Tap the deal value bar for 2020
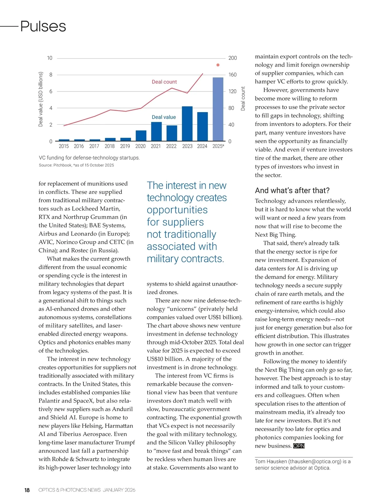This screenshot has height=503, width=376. click(x=141, y=136)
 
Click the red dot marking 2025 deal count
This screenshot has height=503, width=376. click(x=218, y=65)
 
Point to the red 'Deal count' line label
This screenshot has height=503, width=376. click(x=164, y=82)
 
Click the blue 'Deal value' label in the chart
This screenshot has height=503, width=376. click(x=164, y=117)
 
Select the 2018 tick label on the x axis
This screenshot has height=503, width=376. click(x=109, y=146)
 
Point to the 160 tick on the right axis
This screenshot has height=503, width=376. click(x=232, y=75)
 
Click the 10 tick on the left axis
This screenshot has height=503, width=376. click(x=50, y=58)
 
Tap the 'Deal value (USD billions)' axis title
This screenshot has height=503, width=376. click(x=40, y=99)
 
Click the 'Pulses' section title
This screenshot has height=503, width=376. click(x=43, y=26)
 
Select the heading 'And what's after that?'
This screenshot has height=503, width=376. click(x=292, y=190)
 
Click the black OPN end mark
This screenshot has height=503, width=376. click(x=299, y=446)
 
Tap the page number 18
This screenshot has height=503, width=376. click(x=27, y=490)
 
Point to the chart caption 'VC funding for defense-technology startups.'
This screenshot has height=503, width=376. click(x=89, y=158)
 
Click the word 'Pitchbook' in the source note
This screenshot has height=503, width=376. click(x=62, y=165)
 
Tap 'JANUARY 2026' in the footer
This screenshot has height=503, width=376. click(x=119, y=490)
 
